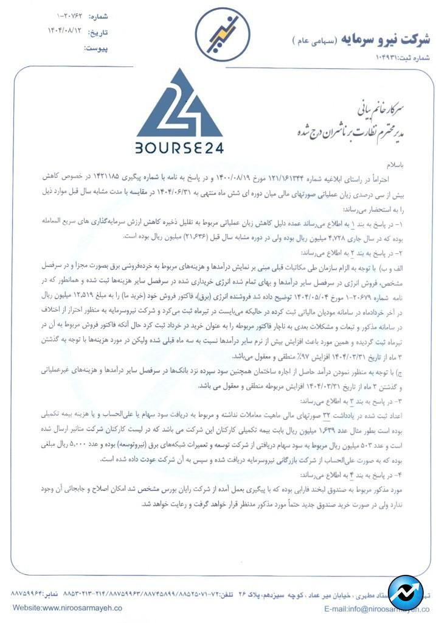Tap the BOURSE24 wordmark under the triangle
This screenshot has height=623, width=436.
[180, 148]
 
